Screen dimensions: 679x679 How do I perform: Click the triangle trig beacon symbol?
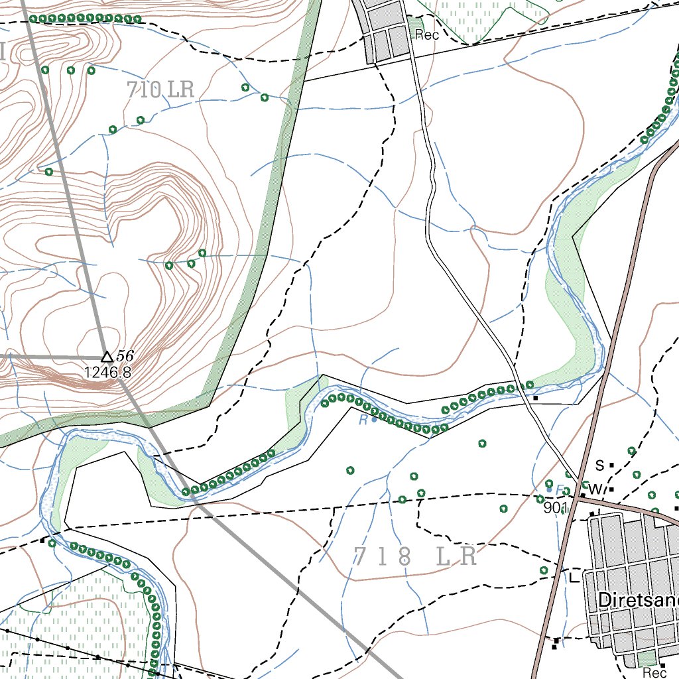coord(106,357)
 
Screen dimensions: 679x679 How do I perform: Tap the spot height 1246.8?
coord(107,373)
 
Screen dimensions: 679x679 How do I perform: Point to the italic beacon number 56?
coord(125,356)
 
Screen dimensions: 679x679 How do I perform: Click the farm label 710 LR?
coord(160,90)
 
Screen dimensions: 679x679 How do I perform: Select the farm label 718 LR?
coord(415,556)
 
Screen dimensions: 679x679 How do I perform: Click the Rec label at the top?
coord(427,35)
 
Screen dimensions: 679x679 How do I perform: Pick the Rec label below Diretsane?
coord(654,672)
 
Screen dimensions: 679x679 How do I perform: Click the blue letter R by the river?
coord(363,420)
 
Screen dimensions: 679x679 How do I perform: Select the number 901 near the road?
coord(555,508)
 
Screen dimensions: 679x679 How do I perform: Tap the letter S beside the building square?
coord(599,465)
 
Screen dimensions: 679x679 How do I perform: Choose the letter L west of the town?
coord(574,578)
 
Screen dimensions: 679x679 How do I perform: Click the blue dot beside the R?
coord(375,420)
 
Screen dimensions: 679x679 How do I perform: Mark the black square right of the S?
coord(611,465)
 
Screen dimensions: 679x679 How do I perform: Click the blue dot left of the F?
coord(549,489)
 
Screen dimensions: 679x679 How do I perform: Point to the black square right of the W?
coord(611,489)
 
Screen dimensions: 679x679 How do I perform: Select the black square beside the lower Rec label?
coord(662,665)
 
